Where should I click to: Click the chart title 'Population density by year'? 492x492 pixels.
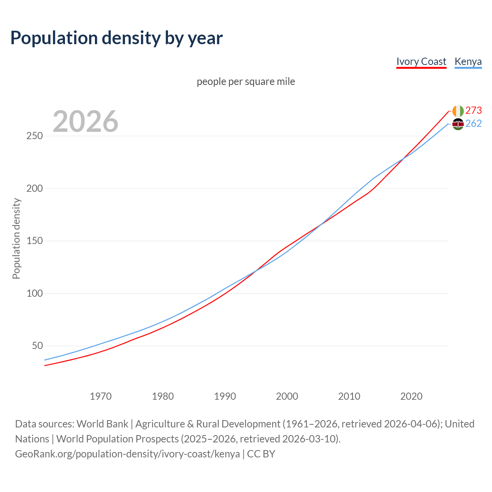[x=116, y=38]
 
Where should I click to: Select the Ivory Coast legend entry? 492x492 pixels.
[x=421, y=61]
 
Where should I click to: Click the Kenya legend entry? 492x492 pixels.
[x=468, y=61]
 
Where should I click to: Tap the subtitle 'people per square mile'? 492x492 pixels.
[x=246, y=82]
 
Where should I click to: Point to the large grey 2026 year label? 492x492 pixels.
[x=85, y=121]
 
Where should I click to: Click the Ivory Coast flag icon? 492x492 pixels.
[x=458, y=111]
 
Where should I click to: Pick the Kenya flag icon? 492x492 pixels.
[x=458, y=124]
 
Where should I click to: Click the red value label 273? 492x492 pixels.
[x=474, y=111]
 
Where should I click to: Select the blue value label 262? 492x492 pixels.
[x=474, y=123]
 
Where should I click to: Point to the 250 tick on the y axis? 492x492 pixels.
[x=35, y=136]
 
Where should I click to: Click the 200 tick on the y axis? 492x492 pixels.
[x=35, y=189]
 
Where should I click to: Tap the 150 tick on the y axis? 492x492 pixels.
[x=35, y=241]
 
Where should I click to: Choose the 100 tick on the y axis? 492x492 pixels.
[x=35, y=294]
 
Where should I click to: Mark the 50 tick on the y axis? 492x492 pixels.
[x=37, y=346]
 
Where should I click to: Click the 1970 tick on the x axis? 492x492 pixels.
[x=101, y=396]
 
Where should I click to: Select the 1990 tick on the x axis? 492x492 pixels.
[x=225, y=396]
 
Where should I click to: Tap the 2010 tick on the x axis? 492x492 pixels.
[x=349, y=396]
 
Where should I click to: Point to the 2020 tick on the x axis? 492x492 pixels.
[x=411, y=396]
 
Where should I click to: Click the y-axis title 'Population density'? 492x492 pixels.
[x=16, y=238]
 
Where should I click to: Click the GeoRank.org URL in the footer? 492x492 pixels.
[x=127, y=454]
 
